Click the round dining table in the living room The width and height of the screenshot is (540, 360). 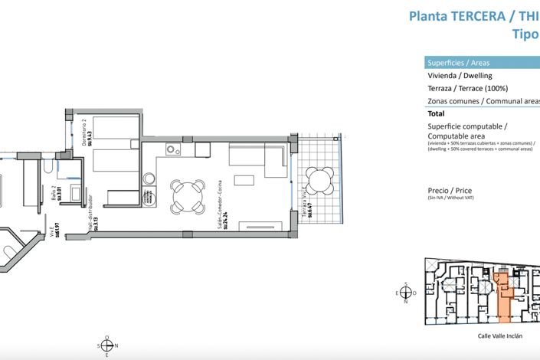pos(188,197)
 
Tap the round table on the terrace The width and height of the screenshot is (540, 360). pos(318,181)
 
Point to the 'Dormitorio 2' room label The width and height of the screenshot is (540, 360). pos(84,130)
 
